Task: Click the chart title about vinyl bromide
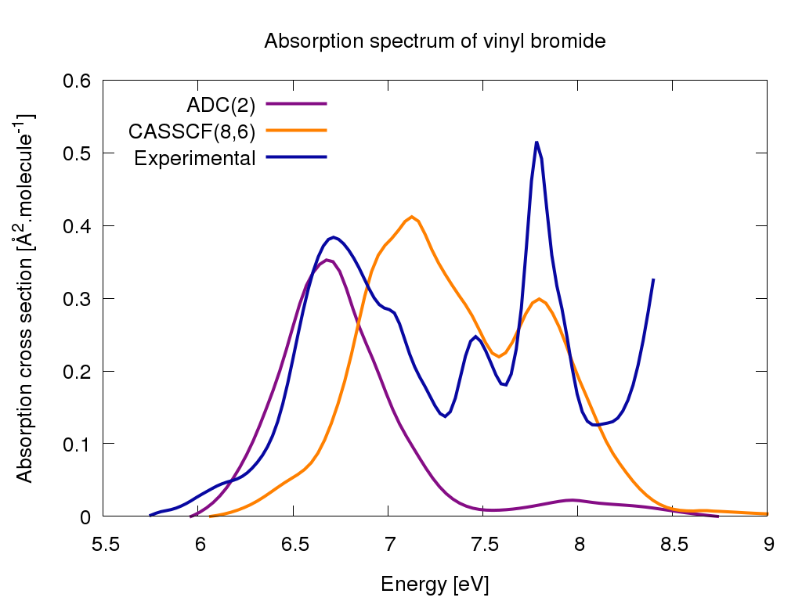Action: [435, 41]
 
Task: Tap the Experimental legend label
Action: [195, 157]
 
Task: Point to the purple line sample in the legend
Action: [296, 103]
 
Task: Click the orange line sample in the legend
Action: [296, 130]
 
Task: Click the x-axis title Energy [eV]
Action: [435, 584]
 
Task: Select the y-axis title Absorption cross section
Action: [24, 297]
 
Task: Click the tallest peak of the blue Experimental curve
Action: [536, 142]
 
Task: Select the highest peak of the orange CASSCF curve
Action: [411, 217]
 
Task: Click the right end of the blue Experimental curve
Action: [653, 279]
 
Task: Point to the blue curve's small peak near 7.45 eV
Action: [475, 336]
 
